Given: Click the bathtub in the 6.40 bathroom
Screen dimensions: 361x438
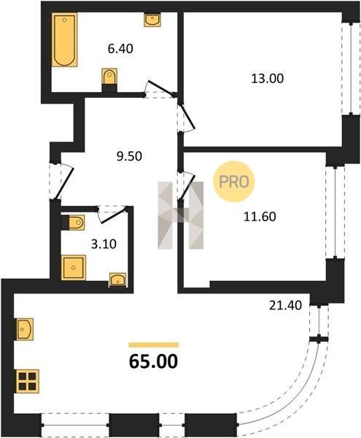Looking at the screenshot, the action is coord(64,39).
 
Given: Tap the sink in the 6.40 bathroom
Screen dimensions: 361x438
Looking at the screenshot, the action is coord(152,20).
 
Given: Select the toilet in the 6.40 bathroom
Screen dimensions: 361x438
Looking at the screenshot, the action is coord(109,80).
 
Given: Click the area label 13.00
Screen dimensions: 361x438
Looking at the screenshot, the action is coord(268,79).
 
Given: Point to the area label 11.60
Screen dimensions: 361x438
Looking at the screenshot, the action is coord(260,217).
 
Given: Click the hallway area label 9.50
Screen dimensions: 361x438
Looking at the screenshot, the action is coord(129,156).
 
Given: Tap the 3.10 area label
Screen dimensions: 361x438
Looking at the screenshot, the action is coord(104,244).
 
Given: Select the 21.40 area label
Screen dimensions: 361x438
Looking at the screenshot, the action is coord(285,305).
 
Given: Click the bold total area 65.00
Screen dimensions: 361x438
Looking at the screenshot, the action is coord(153,361).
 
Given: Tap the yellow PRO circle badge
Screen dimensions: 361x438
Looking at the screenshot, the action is coord(234,182).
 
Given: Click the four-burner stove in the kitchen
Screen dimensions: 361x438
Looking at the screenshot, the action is coord(27,381).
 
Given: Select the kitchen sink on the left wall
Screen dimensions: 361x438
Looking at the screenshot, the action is coord(25,329).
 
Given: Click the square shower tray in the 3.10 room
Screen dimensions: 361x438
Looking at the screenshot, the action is coord(74,268).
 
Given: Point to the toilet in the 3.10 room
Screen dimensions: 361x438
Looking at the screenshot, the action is coord(73,223).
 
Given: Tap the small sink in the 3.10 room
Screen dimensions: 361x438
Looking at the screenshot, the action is coord(117,280).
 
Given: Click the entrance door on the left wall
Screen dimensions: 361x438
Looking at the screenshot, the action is coord(61,182).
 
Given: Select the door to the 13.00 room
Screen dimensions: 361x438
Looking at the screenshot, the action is coord(186,118).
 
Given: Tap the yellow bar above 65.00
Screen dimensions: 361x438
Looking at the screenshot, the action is coord(153,345).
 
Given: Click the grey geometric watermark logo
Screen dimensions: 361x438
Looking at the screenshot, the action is coord(181,215).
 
